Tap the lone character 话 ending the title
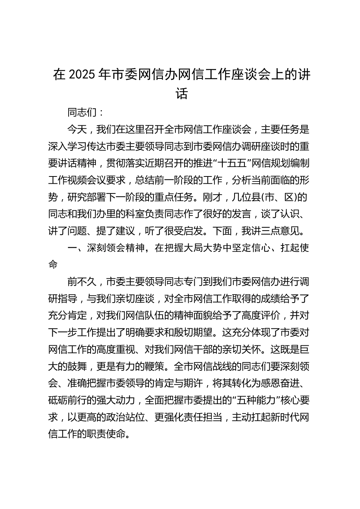182,93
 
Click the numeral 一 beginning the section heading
72,248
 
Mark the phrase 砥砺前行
67,400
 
